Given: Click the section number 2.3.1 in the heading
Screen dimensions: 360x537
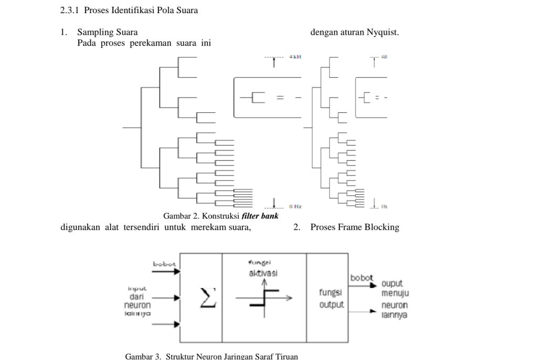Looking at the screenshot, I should [70, 10].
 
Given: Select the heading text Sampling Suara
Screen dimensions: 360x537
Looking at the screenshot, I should [108, 33].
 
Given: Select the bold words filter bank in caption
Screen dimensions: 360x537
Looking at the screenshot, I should [260, 216].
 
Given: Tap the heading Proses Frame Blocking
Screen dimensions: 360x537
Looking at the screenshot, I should [355, 227].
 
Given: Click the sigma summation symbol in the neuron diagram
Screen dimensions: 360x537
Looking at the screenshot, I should [208, 298].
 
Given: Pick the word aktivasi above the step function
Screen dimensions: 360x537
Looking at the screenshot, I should [263, 273].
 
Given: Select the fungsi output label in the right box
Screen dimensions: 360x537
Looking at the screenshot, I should [331, 299].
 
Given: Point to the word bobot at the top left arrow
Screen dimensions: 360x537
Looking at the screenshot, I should [165, 264].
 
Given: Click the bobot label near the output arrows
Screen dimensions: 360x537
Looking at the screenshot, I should [361, 278].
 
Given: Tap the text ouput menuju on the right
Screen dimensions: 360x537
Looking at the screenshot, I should [395, 289].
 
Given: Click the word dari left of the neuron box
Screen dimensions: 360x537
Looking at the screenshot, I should [137, 297].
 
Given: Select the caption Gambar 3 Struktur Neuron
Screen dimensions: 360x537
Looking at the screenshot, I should [211, 356].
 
